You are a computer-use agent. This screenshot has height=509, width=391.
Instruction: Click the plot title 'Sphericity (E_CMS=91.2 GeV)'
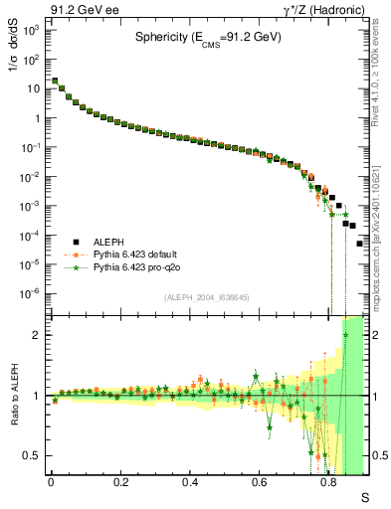coord(208,39)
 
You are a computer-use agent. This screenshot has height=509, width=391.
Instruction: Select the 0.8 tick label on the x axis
coord(329,481)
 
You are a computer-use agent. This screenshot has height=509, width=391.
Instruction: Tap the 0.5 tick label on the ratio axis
coord(31,455)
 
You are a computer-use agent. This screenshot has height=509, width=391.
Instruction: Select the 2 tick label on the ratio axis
coord(36,335)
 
